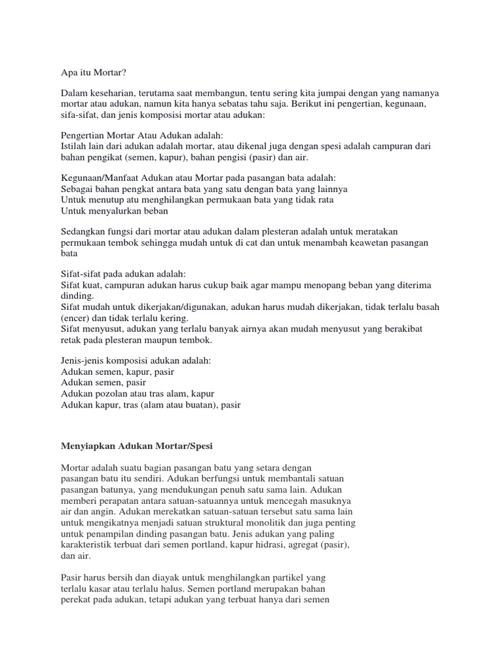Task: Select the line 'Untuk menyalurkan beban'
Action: coord(115,211)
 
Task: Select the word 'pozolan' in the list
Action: coord(113,393)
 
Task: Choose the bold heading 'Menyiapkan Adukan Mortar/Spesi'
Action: coord(137,446)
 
